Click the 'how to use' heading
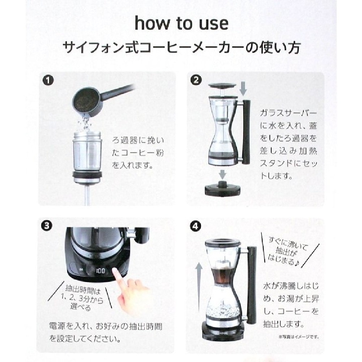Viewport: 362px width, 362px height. (x=182, y=23)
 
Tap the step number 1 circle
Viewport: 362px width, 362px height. (x=48, y=81)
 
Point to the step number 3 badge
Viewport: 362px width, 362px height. (x=47, y=225)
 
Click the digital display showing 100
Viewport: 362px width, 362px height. (x=100, y=271)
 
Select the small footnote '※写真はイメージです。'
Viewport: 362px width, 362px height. (x=299, y=337)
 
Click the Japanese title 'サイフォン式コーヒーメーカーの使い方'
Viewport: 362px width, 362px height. (x=182, y=48)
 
